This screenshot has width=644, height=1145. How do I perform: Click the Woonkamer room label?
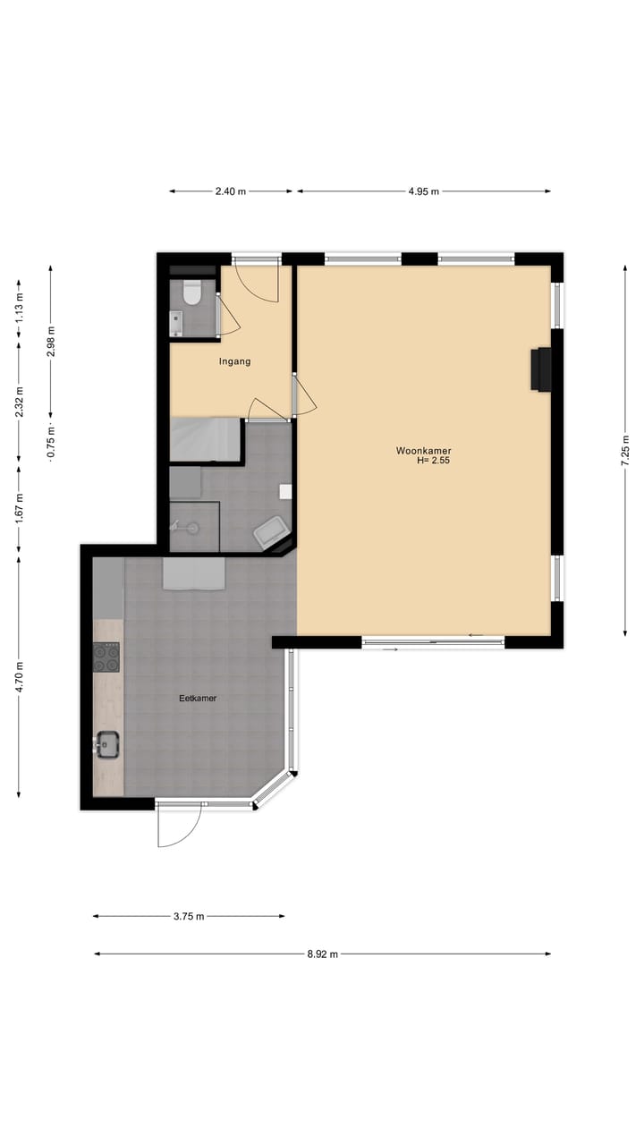point(423,451)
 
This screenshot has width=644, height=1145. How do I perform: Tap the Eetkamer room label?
point(198,698)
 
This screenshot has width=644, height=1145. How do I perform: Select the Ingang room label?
point(234,361)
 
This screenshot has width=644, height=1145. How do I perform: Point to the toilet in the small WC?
point(192,292)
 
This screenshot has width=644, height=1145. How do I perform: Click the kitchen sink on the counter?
point(108,743)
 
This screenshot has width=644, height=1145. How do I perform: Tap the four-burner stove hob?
point(106,657)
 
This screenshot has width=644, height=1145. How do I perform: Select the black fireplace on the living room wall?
point(540,369)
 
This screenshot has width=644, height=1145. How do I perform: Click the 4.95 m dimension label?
point(423,191)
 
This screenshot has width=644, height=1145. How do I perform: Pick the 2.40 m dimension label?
point(231,191)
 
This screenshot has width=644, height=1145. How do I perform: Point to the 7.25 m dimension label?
point(625,450)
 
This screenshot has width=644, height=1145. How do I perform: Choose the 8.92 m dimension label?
point(323,954)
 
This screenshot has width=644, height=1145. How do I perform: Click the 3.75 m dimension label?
point(189,916)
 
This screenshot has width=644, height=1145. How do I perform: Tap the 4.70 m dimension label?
point(19,675)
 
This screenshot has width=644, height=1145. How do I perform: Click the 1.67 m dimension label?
point(19,508)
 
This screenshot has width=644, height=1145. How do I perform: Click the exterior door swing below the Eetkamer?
point(177,827)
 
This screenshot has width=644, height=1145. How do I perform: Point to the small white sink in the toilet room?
point(176,321)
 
